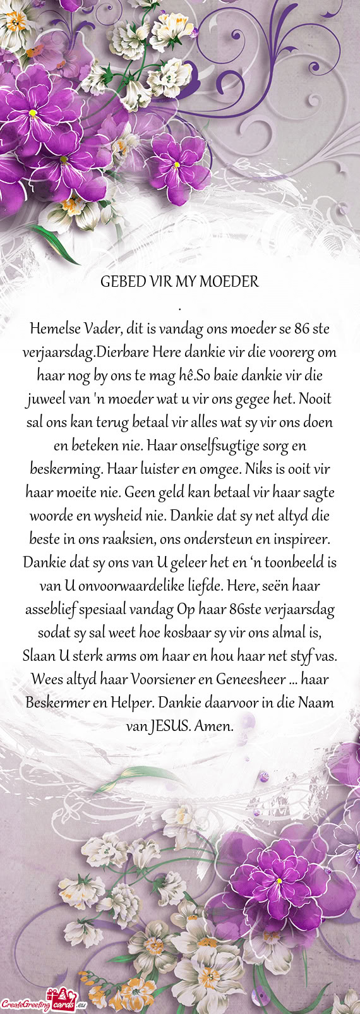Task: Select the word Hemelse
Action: (52, 329)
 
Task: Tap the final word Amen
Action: (215, 727)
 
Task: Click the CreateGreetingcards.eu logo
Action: (43, 1003)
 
